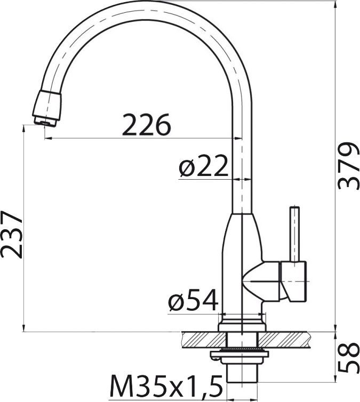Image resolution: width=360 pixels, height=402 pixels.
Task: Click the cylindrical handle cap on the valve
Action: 295,280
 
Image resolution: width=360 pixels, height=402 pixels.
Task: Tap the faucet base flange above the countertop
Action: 243,325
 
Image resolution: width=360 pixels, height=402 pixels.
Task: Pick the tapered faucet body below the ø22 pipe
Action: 243,251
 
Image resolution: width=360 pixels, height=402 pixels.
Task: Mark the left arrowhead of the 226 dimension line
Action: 48,138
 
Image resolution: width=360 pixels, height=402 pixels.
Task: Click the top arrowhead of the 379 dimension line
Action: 336,5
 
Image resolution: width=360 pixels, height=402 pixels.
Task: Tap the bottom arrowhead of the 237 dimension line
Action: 25,327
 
